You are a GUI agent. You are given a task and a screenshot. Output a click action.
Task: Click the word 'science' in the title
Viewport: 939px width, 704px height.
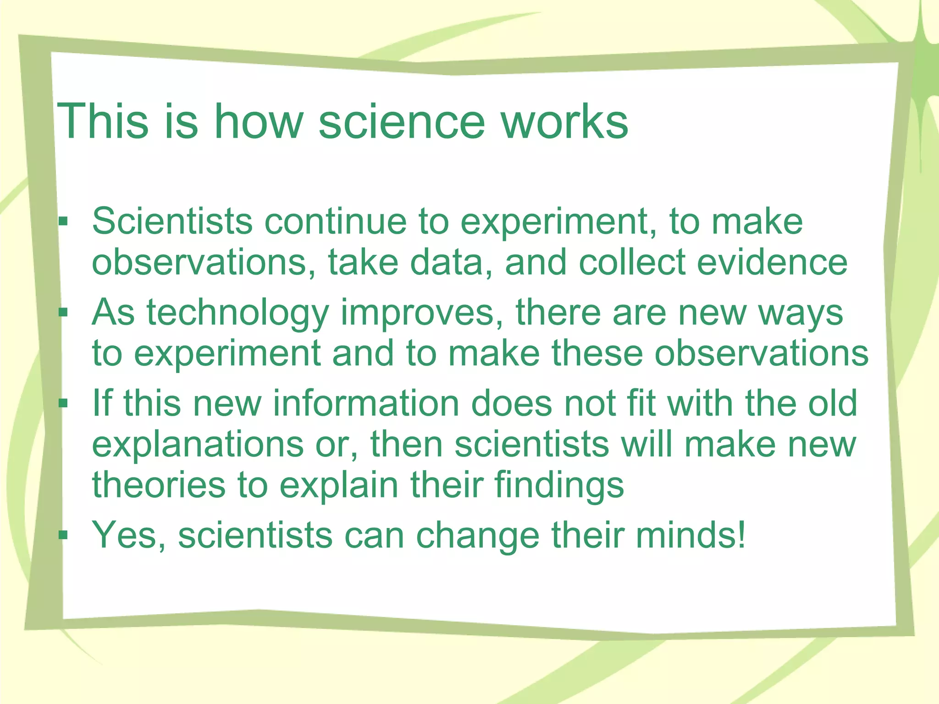coord(401,121)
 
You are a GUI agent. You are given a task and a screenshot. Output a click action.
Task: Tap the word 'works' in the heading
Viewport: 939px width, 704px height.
coord(564,121)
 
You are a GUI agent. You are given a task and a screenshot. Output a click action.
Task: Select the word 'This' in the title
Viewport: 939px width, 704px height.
coord(102,121)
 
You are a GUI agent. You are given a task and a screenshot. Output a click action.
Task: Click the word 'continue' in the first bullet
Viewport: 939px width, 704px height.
coord(335,222)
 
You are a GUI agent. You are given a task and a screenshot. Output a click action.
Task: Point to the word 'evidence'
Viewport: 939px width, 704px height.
coord(772,263)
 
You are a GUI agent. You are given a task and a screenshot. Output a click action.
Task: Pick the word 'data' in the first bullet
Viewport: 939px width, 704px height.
coord(451,263)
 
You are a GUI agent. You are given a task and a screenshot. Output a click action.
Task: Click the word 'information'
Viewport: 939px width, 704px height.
coord(366,403)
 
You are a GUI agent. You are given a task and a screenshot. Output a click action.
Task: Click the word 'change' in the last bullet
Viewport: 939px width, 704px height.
coord(477,535)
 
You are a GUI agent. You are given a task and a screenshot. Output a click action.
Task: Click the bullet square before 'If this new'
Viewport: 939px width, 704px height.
coord(63,404)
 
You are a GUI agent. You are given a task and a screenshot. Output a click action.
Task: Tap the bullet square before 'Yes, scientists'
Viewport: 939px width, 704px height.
coord(63,535)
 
